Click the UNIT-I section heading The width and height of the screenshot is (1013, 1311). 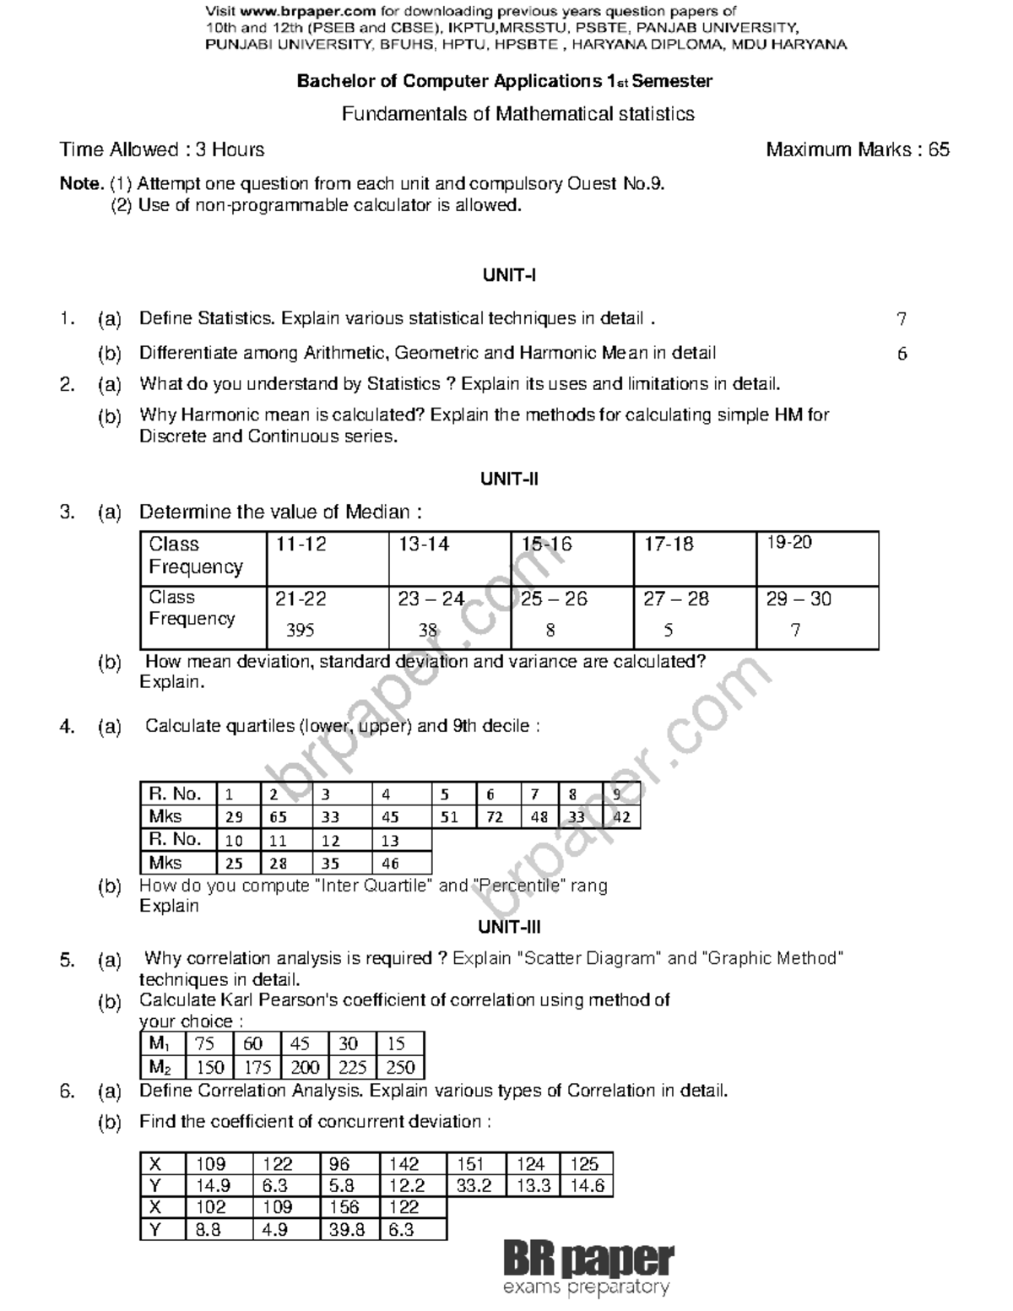coord(509,275)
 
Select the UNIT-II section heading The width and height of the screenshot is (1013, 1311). coord(509,479)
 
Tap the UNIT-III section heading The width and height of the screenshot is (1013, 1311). coord(509,928)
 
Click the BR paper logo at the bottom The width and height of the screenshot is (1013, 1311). coord(588,1268)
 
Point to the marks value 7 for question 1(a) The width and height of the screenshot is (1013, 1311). coord(902,319)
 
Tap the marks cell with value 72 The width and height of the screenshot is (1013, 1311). coord(495,817)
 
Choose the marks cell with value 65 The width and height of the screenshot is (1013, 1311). coord(278,817)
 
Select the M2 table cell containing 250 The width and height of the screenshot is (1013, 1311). coord(400,1067)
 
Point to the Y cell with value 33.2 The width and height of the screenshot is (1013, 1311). coord(474,1186)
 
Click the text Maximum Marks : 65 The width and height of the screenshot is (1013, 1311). coord(858,150)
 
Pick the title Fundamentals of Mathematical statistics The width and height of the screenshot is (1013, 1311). coord(517,114)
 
